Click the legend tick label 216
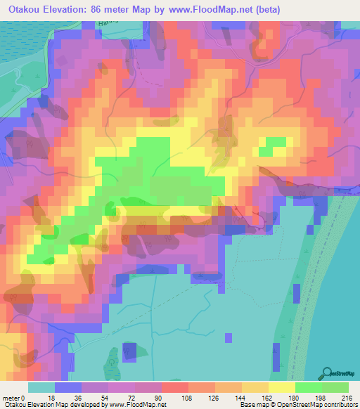(345, 398)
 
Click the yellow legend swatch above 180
(282, 387)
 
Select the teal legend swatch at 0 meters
(41, 387)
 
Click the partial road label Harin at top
(106, 23)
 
